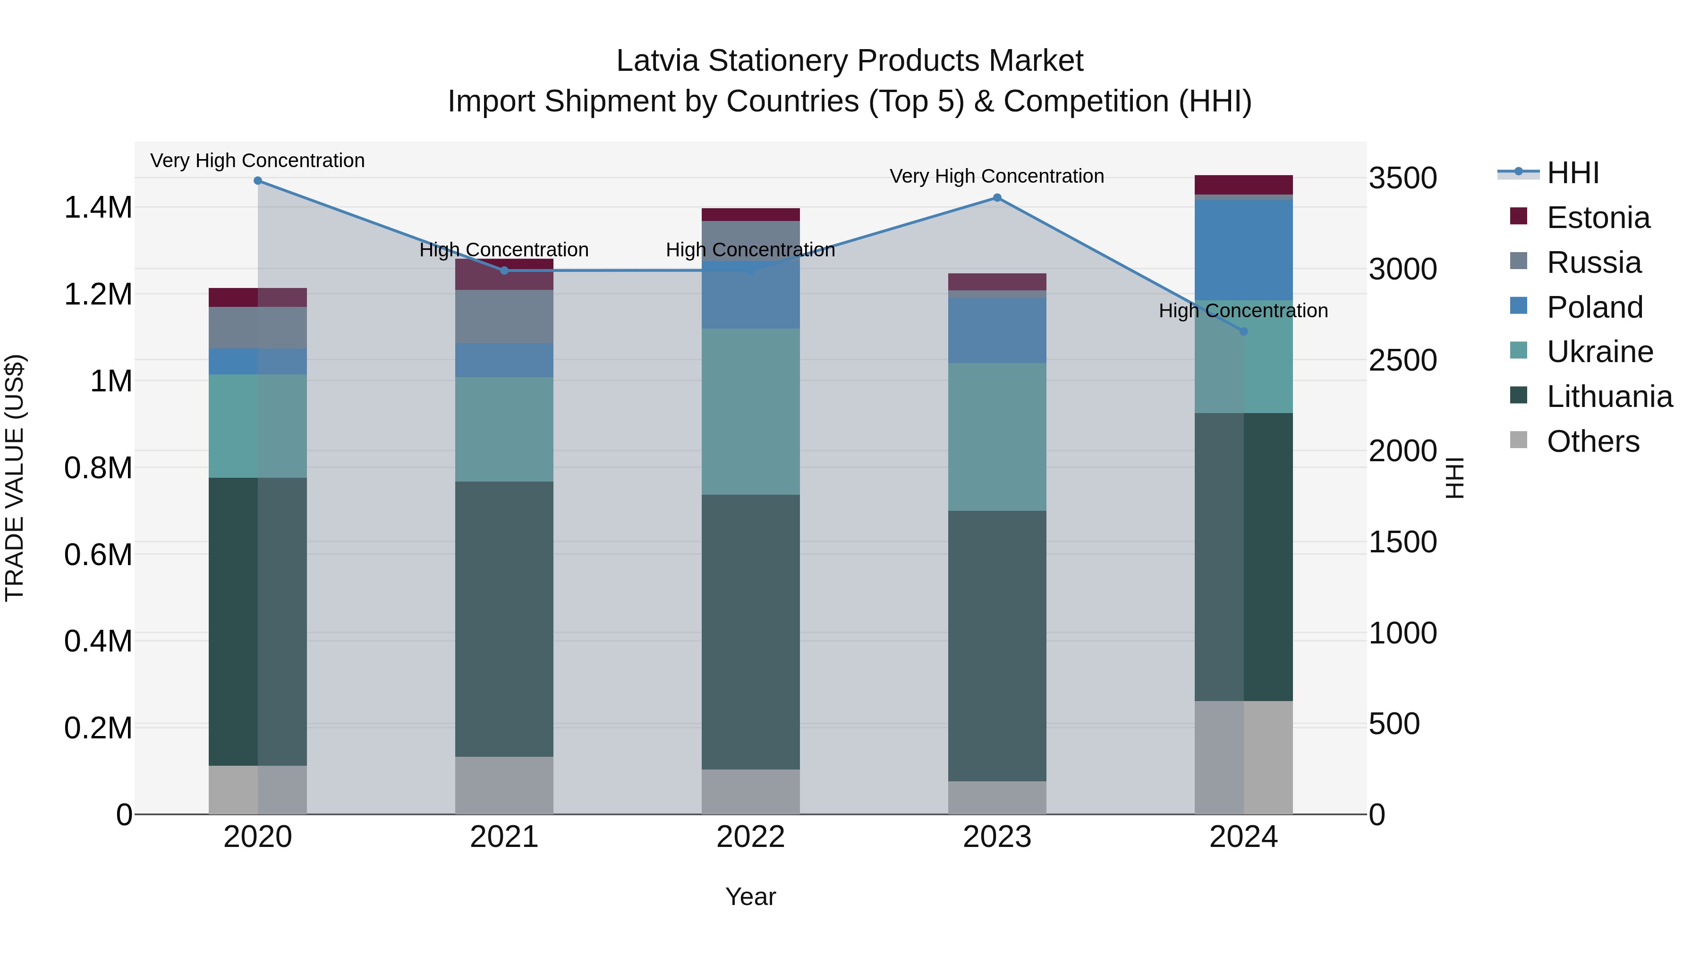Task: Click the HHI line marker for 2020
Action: point(258,181)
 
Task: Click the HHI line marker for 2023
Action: point(997,198)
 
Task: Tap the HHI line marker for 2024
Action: point(1244,332)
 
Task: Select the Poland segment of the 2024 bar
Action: point(1244,250)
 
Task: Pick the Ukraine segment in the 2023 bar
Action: point(997,437)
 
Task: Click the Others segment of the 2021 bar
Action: point(504,785)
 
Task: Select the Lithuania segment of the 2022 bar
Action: point(750,632)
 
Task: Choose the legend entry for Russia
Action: point(1593,262)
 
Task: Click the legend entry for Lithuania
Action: point(1609,397)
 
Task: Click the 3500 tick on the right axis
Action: point(1403,178)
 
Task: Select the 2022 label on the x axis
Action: point(750,837)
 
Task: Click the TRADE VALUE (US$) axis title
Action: point(15,478)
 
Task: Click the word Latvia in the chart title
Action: point(657,61)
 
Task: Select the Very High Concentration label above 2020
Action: point(257,161)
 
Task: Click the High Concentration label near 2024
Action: point(1243,311)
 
